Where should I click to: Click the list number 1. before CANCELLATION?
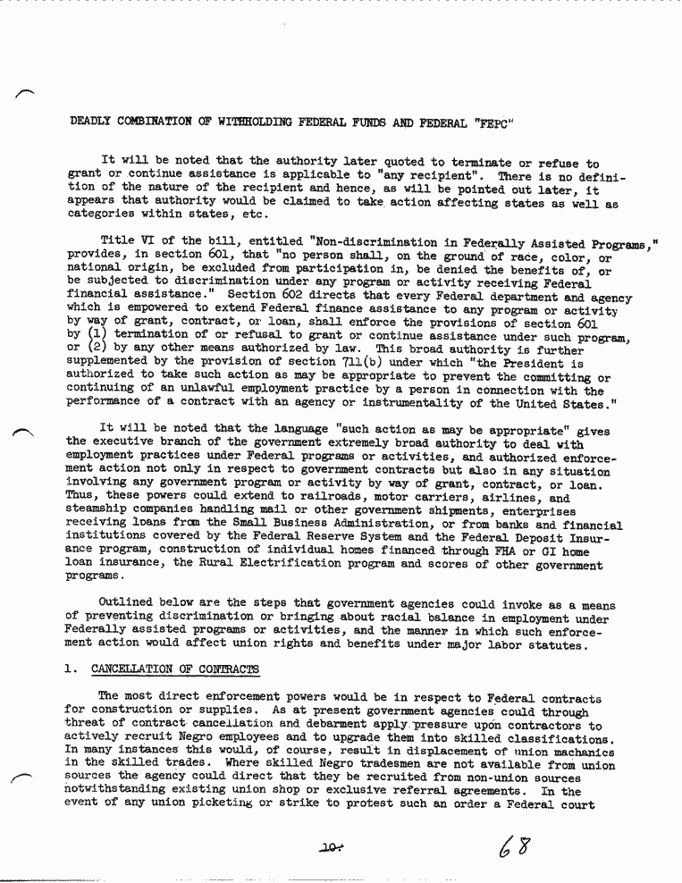pyautogui.click(x=72, y=668)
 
